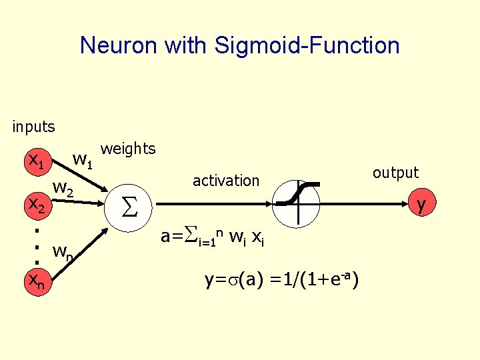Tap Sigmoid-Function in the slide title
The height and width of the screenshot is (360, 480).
point(307,45)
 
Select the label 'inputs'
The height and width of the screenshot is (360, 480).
point(33,125)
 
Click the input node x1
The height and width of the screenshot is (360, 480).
point(35,161)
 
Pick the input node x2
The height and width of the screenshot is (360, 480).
point(35,206)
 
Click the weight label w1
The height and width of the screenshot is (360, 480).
point(84,160)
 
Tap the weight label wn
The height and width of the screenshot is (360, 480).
point(64,252)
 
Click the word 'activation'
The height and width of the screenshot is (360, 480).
point(225,180)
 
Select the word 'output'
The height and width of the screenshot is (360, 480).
point(395,173)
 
